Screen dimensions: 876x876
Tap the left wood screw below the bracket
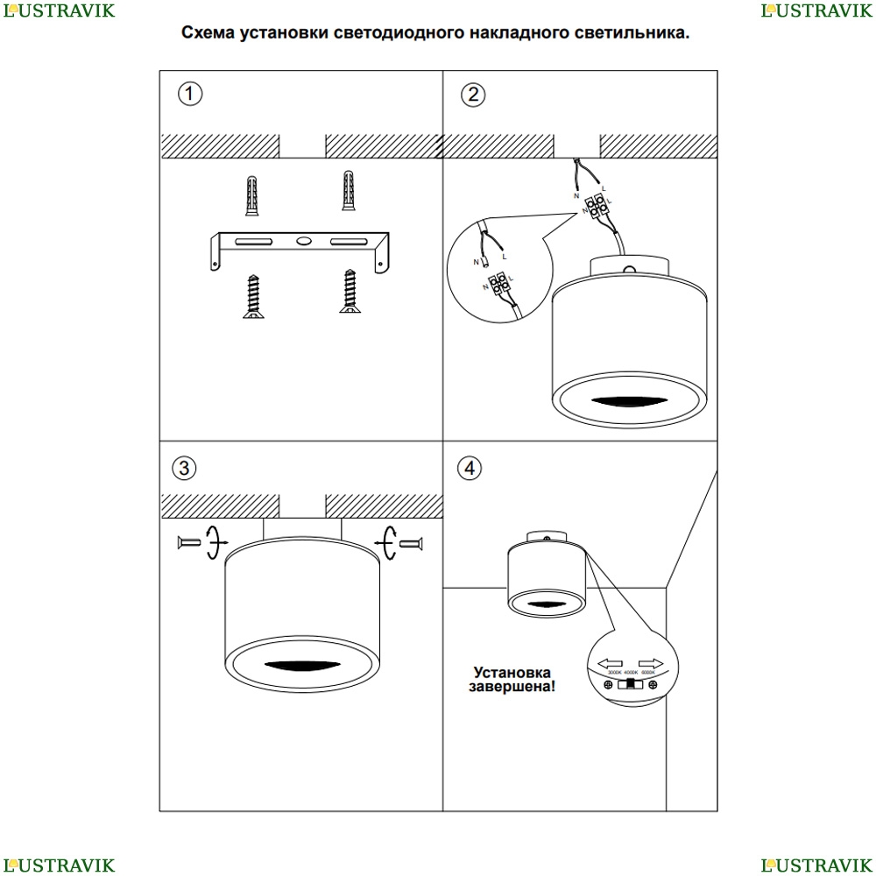tap(252, 296)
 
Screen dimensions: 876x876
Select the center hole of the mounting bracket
tap(301, 240)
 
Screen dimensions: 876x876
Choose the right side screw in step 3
tap(411, 544)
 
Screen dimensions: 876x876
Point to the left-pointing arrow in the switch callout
tap(610, 664)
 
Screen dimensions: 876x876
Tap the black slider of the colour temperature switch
tap(628, 684)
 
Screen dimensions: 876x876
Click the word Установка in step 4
tap(512, 672)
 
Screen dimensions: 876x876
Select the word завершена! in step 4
tap(512, 688)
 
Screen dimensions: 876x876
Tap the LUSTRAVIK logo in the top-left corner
tap(58, 11)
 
